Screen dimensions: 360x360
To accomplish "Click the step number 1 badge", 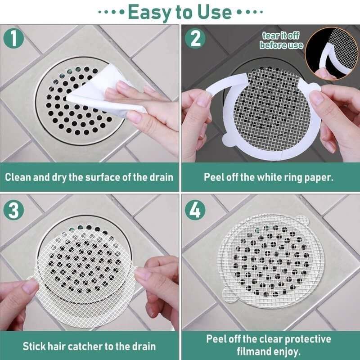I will pos(16,38).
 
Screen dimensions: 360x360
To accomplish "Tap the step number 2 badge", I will pos(195,38).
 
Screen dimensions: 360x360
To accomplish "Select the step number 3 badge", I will pos(16,210).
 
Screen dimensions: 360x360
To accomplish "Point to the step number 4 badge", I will pos(195,210).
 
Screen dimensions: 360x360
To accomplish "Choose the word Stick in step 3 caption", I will pos(35,346).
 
